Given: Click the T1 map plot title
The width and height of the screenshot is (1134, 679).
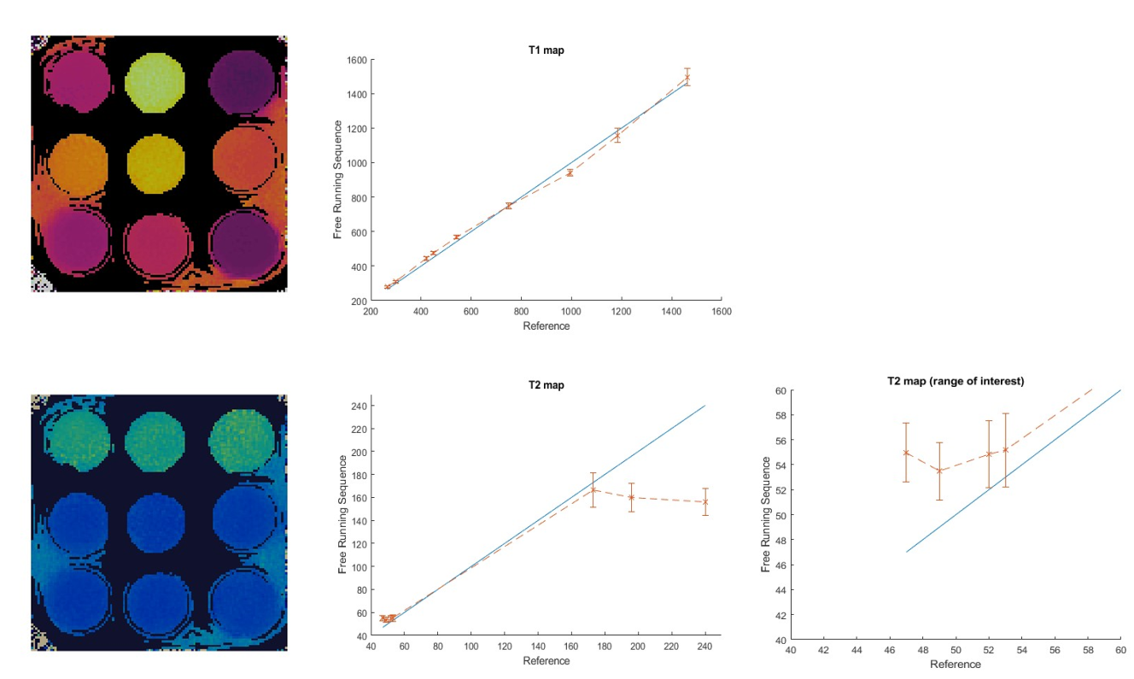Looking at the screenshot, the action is [x=547, y=50].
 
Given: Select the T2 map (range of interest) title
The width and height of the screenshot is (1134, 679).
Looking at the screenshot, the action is [x=956, y=381].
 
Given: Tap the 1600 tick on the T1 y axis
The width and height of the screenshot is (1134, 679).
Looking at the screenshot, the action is [x=357, y=60].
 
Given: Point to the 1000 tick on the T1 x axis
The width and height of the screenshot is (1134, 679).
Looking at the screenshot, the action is [x=571, y=312].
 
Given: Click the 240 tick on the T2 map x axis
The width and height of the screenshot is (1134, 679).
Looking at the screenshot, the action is [x=704, y=646].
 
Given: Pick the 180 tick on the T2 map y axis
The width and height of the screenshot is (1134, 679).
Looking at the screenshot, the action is [x=359, y=475].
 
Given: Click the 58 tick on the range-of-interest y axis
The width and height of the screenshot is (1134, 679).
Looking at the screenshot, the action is [x=780, y=415].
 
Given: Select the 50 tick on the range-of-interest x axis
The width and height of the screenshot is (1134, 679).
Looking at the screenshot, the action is [x=956, y=650].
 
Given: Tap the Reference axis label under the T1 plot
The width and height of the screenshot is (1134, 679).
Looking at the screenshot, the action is [x=547, y=326].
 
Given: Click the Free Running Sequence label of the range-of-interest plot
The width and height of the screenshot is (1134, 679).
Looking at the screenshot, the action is [x=765, y=514].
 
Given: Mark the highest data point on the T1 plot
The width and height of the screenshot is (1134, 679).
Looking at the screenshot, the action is [x=687, y=77].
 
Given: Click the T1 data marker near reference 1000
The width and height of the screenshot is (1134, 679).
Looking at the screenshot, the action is [x=570, y=173].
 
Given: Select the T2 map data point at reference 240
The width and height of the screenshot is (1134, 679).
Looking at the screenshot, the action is [x=705, y=502].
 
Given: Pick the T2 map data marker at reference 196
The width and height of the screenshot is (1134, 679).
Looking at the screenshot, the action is [x=631, y=497].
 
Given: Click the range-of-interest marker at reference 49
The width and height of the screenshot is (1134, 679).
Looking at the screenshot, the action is [x=939, y=471].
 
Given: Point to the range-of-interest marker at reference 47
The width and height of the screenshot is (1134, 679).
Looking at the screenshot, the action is [x=906, y=453].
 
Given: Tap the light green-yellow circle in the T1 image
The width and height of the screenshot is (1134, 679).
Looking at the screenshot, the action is [x=155, y=83].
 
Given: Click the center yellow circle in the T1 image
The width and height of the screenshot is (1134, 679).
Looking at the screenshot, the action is [x=156, y=163].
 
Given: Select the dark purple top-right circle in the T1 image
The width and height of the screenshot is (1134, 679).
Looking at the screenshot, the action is [x=242, y=82].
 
